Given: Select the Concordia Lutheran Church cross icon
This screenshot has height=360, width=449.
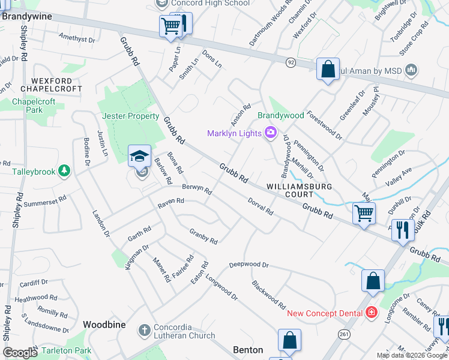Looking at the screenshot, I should click(144, 331).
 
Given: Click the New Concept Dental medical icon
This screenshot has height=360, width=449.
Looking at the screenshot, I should click(372, 313).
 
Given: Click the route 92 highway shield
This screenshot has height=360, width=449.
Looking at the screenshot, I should click(291, 61).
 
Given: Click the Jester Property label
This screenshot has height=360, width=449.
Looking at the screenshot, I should click(130, 116).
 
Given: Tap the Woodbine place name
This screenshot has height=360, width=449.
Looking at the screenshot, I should click(104, 324).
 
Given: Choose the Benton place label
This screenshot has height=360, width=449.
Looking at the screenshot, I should click(248, 350).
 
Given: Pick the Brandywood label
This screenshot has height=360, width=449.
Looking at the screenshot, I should click(281, 115).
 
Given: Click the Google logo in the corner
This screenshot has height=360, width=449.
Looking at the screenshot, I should click(20, 353).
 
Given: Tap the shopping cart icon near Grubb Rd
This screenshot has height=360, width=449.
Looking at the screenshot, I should click(364, 212).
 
